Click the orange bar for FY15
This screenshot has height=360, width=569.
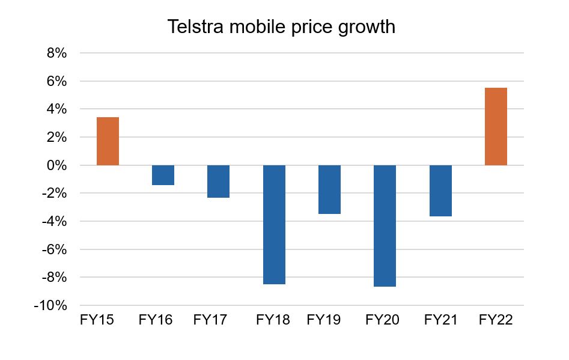click(108, 141)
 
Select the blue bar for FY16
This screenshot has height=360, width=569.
click(163, 175)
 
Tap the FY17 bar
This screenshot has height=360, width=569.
click(218, 182)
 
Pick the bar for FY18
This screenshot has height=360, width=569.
click(274, 224)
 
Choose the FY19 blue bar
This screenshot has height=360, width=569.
click(329, 189)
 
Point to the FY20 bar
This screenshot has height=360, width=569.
click(385, 225)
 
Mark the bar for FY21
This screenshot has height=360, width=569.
click(440, 191)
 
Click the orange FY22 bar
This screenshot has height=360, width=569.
click(496, 126)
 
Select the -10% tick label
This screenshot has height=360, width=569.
click(50, 305)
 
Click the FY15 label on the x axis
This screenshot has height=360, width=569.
click(97, 320)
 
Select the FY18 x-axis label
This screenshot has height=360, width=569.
click(273, 320)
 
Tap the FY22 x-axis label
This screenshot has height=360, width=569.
click(496, 320)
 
